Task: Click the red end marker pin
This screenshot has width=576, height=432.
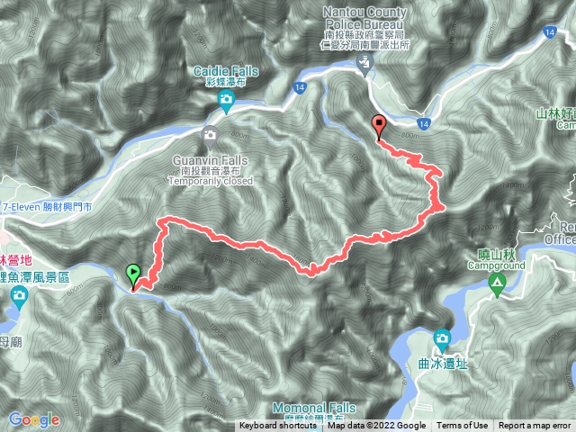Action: click(379, 126)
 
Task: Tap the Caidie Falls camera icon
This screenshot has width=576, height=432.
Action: click(225, 104)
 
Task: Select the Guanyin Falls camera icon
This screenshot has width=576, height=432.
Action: click(210, 137)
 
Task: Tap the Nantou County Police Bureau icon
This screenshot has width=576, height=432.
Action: click(364, 63)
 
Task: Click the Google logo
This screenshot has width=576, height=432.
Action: click(34, 419)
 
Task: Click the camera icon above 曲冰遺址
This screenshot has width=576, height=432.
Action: click(441, 339)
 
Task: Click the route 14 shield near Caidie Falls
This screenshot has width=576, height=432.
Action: click(300, 87)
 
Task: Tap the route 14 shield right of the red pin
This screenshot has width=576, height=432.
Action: click(424, 123)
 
